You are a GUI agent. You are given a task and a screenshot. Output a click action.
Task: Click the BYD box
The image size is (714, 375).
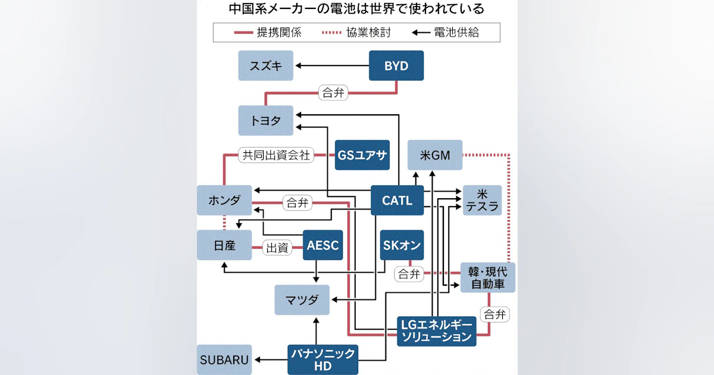point(396,65)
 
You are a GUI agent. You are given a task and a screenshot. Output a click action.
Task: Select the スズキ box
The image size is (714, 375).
point(265,65)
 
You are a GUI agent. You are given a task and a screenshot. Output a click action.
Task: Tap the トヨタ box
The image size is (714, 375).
point(265,120)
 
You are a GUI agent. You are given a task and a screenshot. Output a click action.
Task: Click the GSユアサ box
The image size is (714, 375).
point(362,155)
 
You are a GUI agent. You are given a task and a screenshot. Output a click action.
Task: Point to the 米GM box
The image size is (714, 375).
point(435,155)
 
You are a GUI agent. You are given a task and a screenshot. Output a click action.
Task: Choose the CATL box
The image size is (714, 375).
point(397,201)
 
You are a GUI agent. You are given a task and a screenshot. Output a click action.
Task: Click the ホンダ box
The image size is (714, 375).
point(225,200)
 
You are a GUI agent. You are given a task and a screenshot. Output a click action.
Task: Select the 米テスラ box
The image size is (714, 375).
point(482,200)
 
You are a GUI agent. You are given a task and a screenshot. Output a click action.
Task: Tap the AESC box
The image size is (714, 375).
point(323,245)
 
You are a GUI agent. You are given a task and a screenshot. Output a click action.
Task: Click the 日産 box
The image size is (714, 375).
point(225,245)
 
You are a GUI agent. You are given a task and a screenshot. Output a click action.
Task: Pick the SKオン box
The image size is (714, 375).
point(402,245)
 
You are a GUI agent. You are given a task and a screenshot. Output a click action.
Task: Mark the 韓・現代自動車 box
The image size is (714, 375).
point(488,277)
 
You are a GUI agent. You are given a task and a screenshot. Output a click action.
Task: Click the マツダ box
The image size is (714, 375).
point(302,299)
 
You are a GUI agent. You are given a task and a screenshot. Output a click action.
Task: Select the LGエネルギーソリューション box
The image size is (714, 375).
point(437,331)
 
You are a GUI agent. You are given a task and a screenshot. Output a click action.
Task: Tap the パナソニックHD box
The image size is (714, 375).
point(323,360)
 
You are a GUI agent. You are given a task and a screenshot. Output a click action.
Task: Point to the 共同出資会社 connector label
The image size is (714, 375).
point(275,155)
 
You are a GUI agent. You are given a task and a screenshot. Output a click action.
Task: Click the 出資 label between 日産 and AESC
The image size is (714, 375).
point(277,248)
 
